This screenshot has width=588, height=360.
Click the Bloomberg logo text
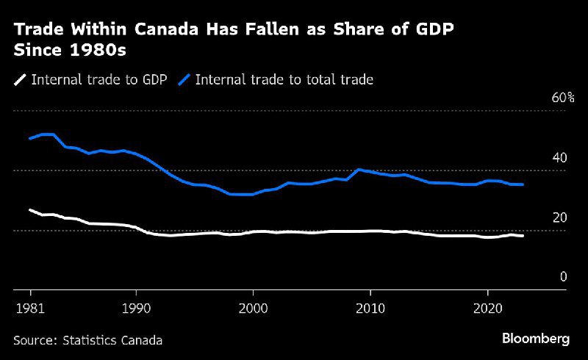pos(536,339)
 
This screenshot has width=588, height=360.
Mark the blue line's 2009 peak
pos(358,169)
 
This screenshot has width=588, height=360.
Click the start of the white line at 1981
pos(30,210)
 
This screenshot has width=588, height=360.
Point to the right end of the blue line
pos(523,184)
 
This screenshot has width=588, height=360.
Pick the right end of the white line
pos(523,236)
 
